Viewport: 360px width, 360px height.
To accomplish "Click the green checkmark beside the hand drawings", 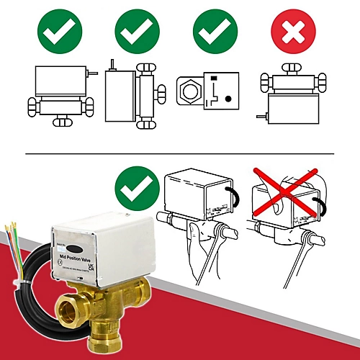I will pyautogui.click(x=137, y=188).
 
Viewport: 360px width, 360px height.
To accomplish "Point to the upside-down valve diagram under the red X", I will pyautogui.click(x=291, y=97).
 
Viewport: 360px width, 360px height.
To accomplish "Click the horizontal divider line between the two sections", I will pyautogui.click(x=180, y=153).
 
